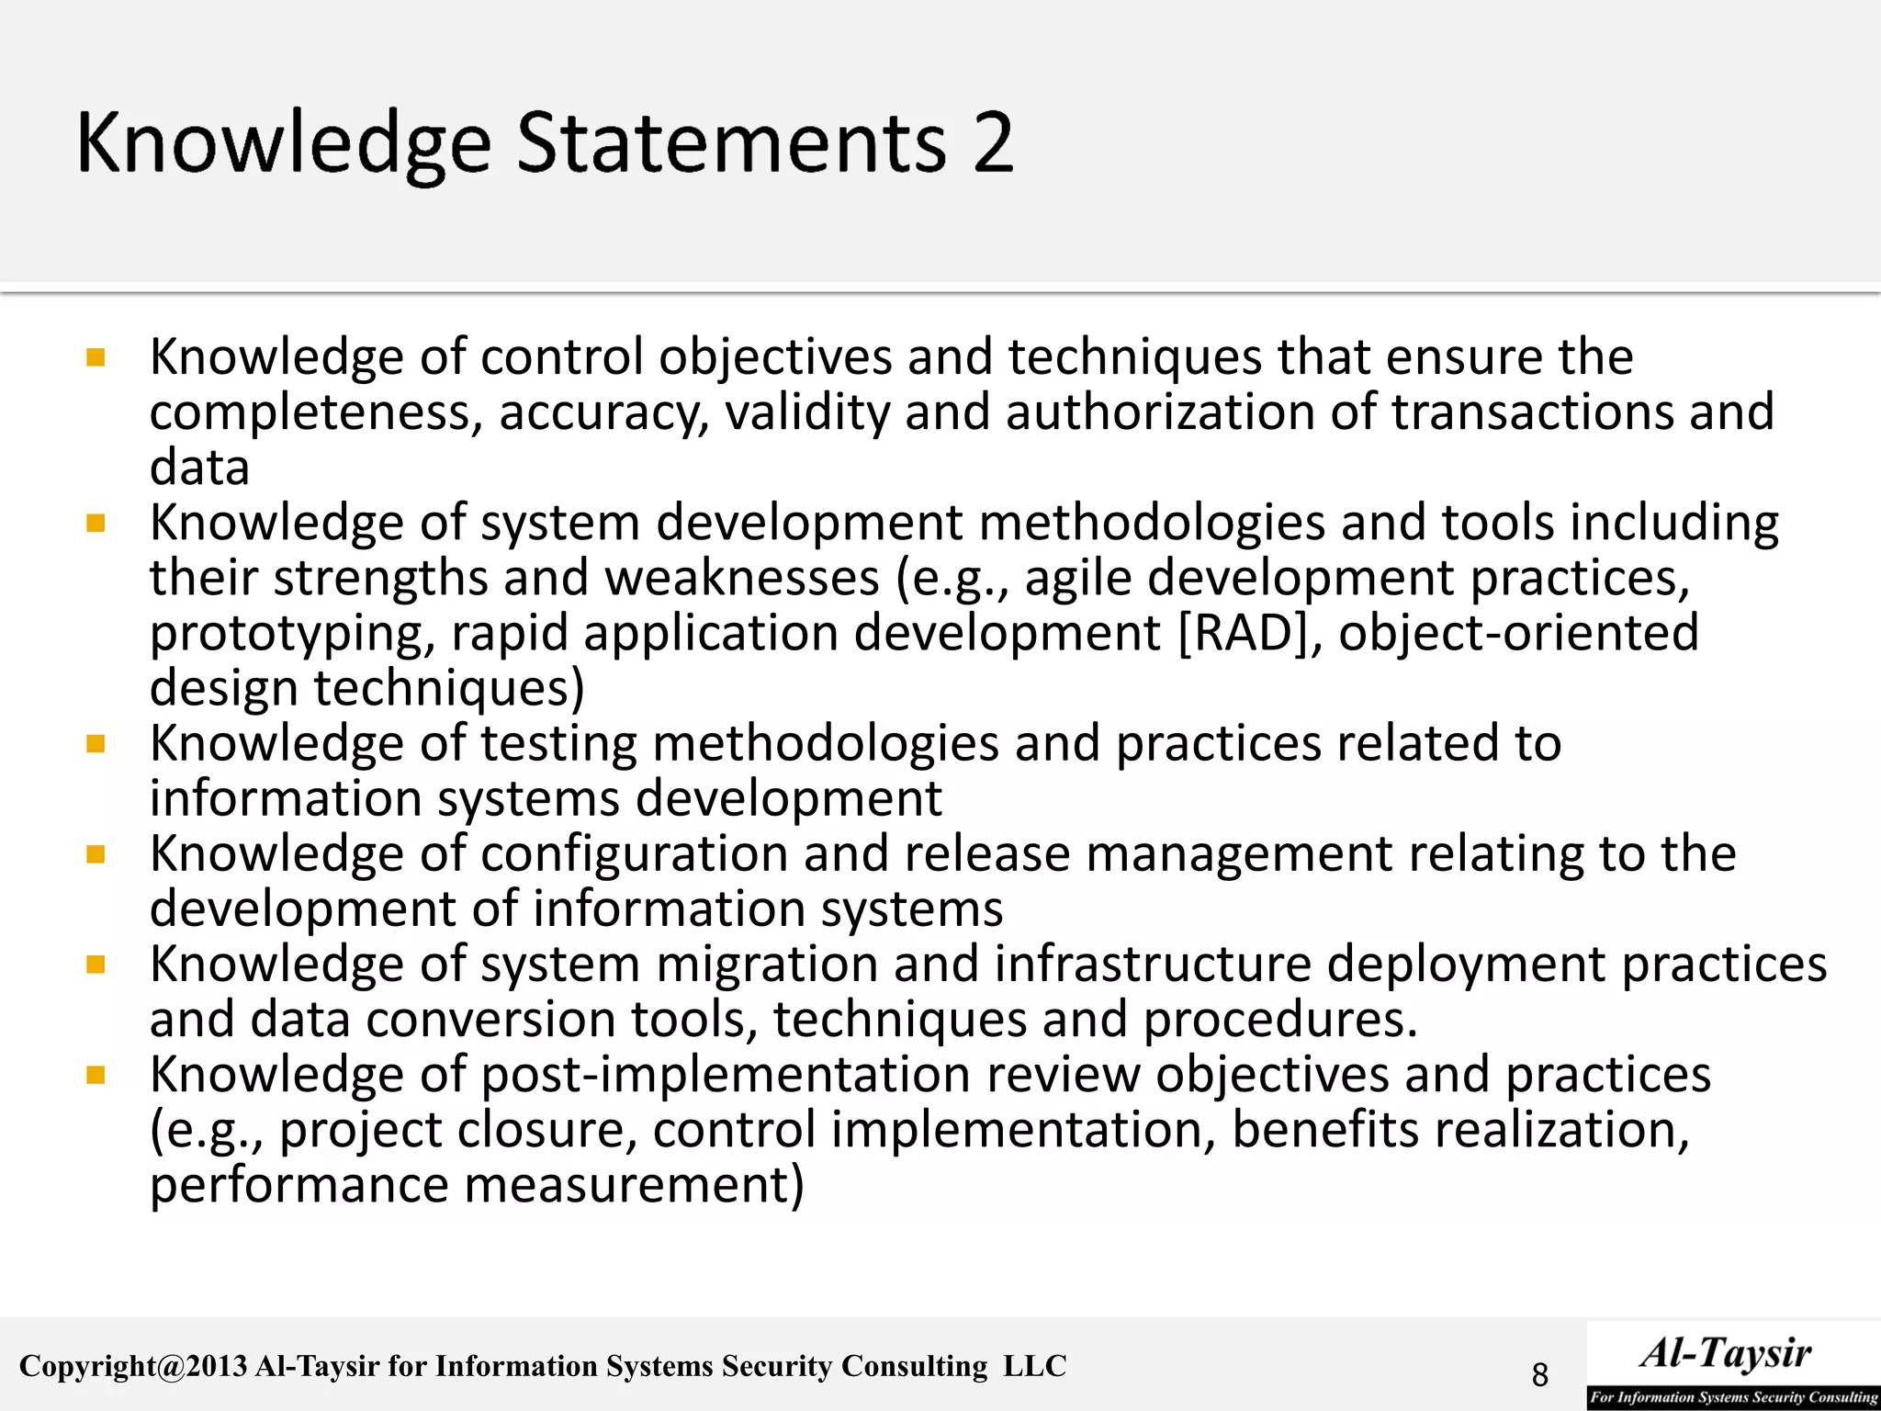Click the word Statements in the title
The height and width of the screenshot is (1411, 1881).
pyautogui.click(x=731, y=142)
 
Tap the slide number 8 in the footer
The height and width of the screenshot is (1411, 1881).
pyautogui.click(x=1540, y=1375)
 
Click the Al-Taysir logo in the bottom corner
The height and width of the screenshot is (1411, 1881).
pyautogui.click(x=1732, y=1364)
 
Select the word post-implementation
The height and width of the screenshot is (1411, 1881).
pyautogui.click(x=726, y=1076)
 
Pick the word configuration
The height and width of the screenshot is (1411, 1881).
pyautogui.click(x=635, y=855)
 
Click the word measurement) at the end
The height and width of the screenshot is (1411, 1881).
pyautogui.click(x=634, y=1185)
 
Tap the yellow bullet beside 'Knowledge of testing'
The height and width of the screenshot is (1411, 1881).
pyautogui.click(x=96, y=743)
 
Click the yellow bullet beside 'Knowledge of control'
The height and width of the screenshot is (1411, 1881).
pyautogui.click(x=96, y=356)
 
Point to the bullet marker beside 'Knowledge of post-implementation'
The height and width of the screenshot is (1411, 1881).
pyautogui.click(x=96, y=1075)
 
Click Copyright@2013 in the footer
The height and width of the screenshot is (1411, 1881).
pyautogui.click(x=133, y=1367)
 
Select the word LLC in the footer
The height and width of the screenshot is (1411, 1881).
pyautogui.click(x=1034, y=1366)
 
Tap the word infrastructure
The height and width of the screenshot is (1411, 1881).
pyautogui.click(x=1153, y=965)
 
